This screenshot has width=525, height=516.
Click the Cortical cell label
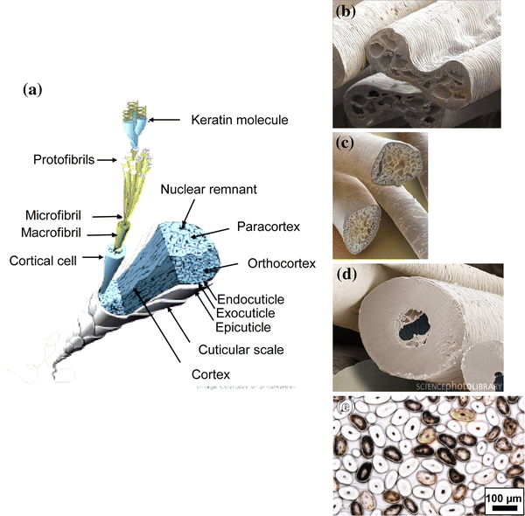click(45, 260)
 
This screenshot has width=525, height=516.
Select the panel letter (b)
click(345, 12)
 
